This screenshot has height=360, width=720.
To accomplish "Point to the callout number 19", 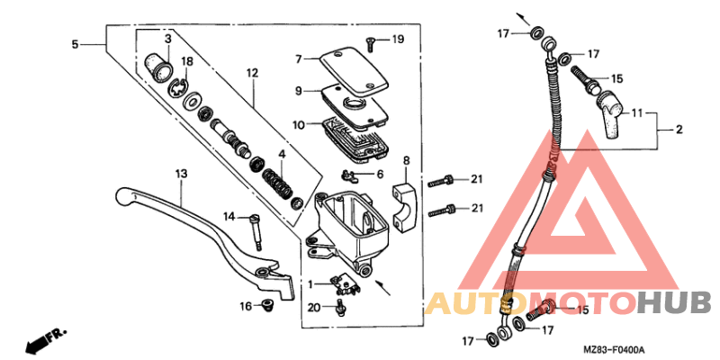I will point(398,39).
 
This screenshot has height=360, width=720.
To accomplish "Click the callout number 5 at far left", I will point(76,43).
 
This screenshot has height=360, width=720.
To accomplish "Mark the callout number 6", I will point(380,174).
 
